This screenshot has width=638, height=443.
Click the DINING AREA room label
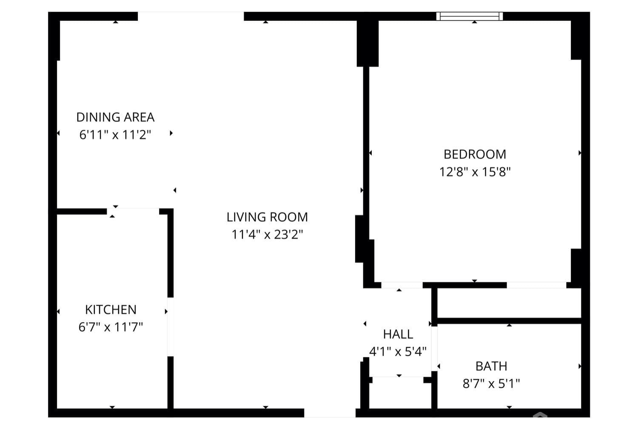click(115, 117)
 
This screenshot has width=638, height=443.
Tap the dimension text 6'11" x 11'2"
click(115, 135)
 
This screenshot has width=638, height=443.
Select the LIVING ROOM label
click(267, 217)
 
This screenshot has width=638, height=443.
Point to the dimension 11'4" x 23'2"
click(267, 235)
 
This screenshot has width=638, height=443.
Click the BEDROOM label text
click(475, 154)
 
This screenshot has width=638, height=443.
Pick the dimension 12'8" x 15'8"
click(475, 172)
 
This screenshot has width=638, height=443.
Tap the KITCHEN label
click(111, 310)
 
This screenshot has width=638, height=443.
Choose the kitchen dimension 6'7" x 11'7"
click(111, 327)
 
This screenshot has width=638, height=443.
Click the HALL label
click(398, 334)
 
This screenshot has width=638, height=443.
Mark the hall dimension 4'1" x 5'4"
click(398, 352)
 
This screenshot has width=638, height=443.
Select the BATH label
click(491, 366)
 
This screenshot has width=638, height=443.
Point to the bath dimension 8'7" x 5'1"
click(491, 384)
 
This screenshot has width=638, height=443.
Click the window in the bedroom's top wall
click(470, 17)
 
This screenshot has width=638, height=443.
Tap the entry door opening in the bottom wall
click(330, 413)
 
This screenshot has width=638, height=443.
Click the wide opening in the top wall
click(191, 17)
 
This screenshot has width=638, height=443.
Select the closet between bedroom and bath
click(509, 303)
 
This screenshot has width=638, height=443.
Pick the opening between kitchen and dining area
click(133, 211)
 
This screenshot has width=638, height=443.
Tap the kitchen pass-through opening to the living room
click(171, 327)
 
